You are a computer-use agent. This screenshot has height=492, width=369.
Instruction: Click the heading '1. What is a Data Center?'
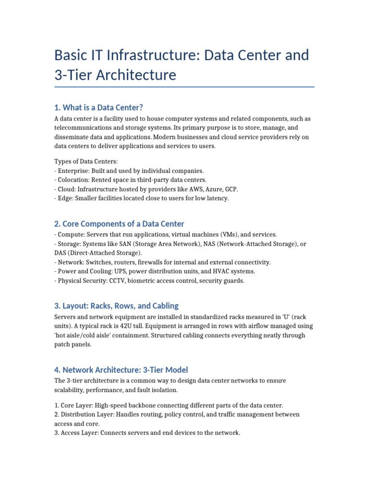tap(99, 107)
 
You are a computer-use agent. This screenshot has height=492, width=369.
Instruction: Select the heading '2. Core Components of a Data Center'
tap(119, 224)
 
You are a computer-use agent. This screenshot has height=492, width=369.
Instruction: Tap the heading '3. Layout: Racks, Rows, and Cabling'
tap(116, 306)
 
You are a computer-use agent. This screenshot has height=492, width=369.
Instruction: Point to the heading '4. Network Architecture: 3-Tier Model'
tap(121, 369)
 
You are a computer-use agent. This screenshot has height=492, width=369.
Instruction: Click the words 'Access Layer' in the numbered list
tap(81, 432)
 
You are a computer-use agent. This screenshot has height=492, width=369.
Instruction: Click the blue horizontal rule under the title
tap(184, 87)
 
